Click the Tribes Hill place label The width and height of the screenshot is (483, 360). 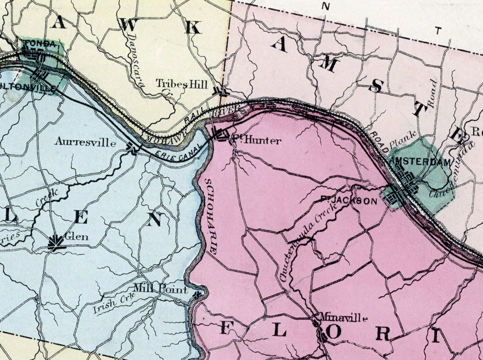point(181,84)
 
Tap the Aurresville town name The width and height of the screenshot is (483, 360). point(86,142)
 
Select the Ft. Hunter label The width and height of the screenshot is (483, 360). point(256,140)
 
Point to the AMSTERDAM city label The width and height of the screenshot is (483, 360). point(421,162)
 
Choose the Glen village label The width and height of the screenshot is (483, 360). point(77,237)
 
